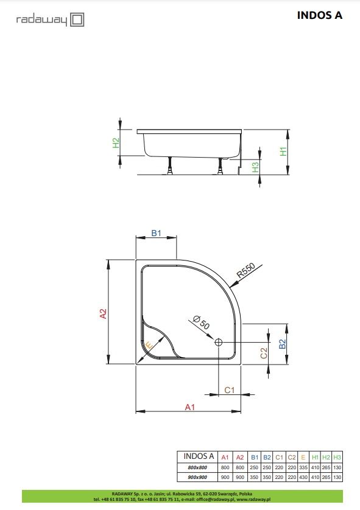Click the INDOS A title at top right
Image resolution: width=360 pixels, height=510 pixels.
tap(319, 15)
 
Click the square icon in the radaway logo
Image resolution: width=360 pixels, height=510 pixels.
tap(77, 19)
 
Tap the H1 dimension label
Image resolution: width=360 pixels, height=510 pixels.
tap(283, 152)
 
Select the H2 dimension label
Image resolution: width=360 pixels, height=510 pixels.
tap(116, 143)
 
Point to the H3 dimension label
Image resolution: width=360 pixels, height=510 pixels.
tap(255, 167)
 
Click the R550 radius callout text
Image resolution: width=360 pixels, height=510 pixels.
tap(245, 270)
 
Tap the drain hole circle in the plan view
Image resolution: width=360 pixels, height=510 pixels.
tap(218, 342)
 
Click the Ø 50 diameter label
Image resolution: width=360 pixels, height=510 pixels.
tap(201, 323)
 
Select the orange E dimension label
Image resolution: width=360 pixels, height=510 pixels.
tap(149, 346)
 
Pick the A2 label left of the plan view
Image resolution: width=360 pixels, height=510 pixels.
tap(103, 313)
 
